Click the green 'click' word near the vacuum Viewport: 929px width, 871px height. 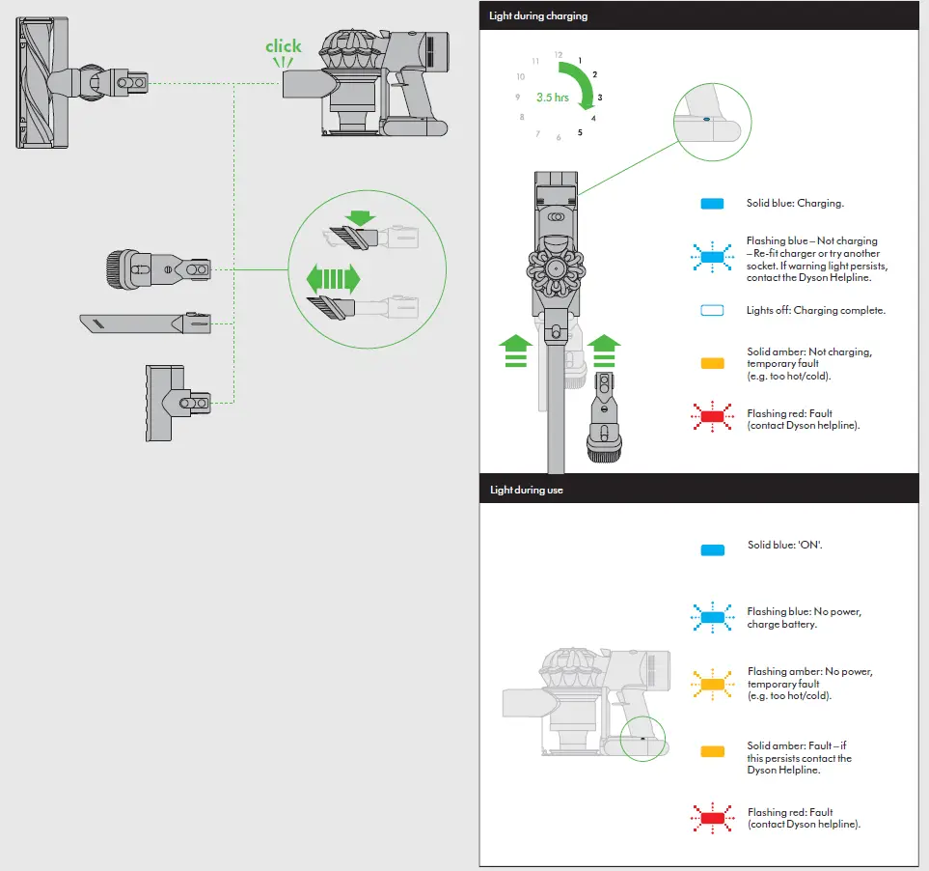pyautogui.click(x=283, y=46)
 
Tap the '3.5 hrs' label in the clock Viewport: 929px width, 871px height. pyautogui.click(x=553, y=98)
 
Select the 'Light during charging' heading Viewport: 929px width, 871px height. pyautogui.click(x=538, y=16)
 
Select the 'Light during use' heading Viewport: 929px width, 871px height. pyautogui.click(x=526, y=490)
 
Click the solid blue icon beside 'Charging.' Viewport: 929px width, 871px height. pyautogui.click(x=712, y=204)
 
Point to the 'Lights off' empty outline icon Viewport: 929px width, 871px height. pyautogui.click(x=712, y=311)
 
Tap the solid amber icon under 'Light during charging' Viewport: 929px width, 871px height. pyautogui.click(x=712, y=364)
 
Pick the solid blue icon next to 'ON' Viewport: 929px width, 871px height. pyautogui.click(x=712, y=548)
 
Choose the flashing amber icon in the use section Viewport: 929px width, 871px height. pyautogui.click(x=712, y=685)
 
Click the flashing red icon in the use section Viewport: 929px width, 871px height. pyautogui.click(x=712, y=819)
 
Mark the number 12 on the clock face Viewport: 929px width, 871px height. pyautogui.click(x=558, y=55)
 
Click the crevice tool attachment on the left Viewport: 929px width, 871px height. pyautogui.click(x=146, y=323)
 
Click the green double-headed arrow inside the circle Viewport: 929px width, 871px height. pyautogui.click(x=333, y=280)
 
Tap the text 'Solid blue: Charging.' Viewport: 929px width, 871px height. pyautogui.click(x=795, y=204)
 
